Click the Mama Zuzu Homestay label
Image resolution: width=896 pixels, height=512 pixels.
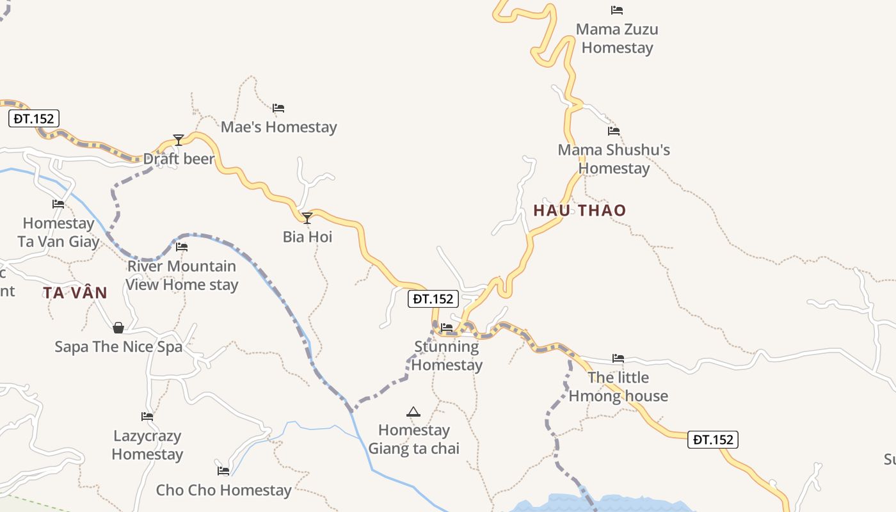(617, 38)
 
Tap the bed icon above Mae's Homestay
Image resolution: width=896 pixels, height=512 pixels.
(278, 108)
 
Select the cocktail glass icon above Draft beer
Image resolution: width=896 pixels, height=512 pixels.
(179, 140)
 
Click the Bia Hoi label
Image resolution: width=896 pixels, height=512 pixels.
(307, 237)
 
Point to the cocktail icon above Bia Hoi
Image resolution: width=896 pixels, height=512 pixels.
(307, 218)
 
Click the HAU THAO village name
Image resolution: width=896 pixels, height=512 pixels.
(580, 211)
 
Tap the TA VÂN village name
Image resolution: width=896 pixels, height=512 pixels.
(75, 293)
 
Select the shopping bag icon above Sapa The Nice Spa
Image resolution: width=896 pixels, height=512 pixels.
(118, 328)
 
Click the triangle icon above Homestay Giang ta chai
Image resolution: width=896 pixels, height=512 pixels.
(413, 412)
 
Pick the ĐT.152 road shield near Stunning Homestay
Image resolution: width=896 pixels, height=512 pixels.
(433, 299)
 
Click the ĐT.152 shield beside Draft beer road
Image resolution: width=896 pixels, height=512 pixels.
(34, 118)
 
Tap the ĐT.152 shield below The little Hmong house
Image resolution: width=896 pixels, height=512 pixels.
(713, 440)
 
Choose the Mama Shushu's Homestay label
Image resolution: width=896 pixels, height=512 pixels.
(614, 159)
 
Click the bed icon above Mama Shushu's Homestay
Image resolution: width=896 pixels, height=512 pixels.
(614, 131)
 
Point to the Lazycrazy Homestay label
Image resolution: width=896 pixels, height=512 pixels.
(147, 445)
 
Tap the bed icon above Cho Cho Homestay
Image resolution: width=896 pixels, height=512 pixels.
(223, 471)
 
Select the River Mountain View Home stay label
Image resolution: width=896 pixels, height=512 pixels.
(182, 275)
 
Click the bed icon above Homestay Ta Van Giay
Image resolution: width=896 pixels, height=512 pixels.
(58, 204)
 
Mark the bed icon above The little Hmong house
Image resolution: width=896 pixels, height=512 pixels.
(618, 358)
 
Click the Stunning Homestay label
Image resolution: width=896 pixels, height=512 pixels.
(447, 356)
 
